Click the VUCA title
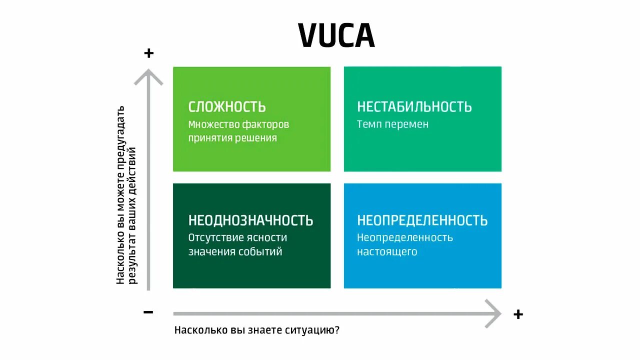(336, 35)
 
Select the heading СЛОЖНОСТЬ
(227, 107)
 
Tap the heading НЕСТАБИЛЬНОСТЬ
(414, 107)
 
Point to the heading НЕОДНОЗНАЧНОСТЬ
(250, 220)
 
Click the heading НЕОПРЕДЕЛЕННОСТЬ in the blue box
(422, 220)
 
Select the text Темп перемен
(392, 124)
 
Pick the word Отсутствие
(216, 237)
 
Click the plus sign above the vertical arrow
(148, 53)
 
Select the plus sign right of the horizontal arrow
(518, 314)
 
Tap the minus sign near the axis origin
(148, 312)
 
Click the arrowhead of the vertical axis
(148, 75)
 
